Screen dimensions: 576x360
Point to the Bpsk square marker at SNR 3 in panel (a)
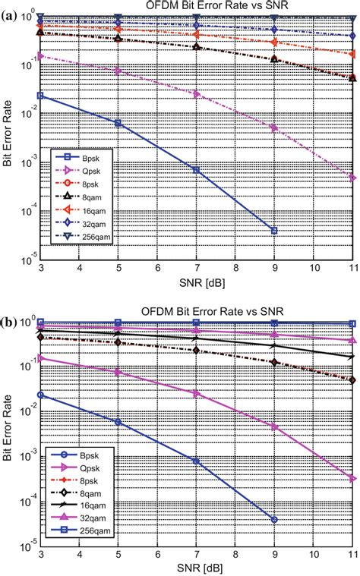point(39,96)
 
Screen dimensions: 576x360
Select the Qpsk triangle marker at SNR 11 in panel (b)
point(353,478)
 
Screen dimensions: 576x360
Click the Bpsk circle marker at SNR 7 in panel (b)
point(196,461)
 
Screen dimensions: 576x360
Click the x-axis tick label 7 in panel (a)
point(196,269)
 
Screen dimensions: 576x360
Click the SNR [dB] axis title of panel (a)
point(196,282)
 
